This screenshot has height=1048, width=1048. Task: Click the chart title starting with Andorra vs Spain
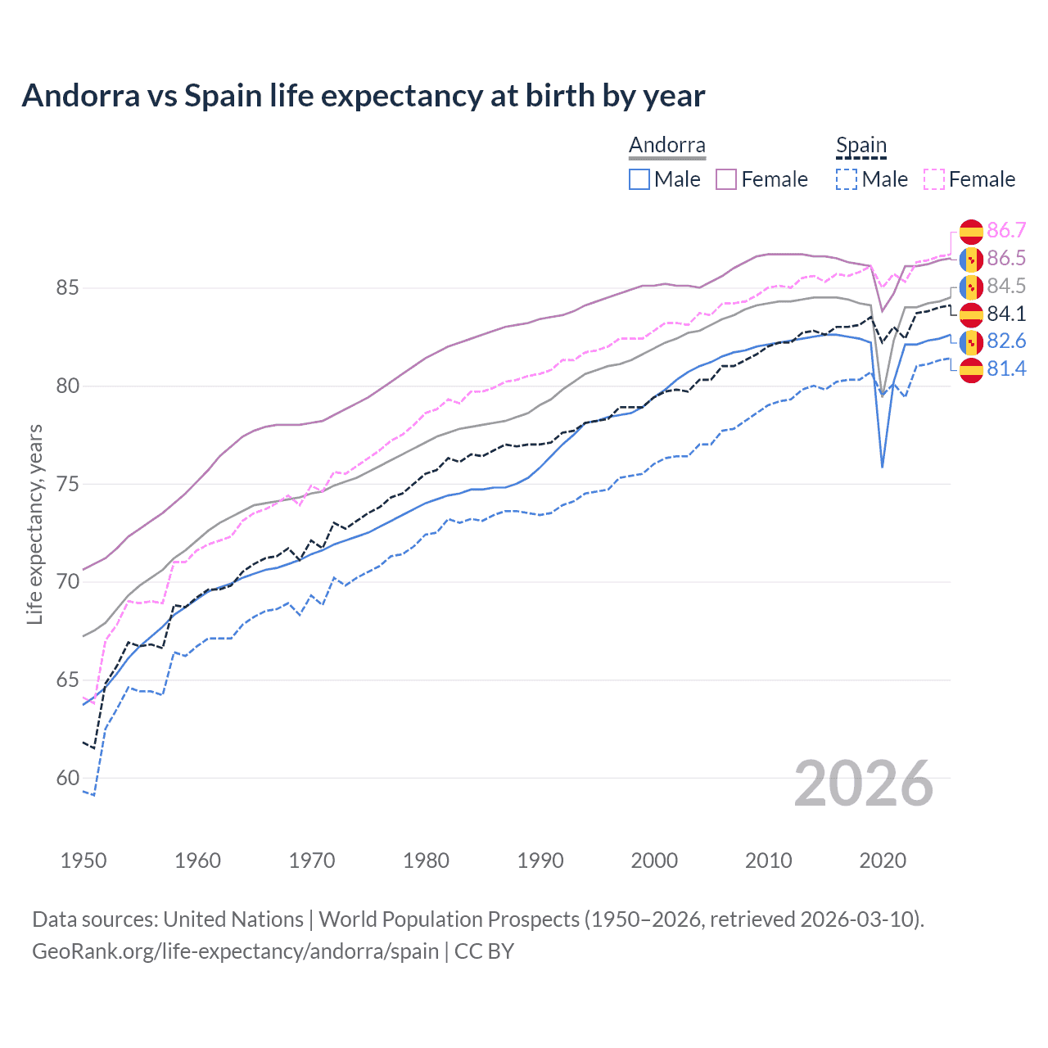pos(363,96)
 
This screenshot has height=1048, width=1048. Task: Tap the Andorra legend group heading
pos(666,146)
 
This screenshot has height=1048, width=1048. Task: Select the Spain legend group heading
pos(861,146)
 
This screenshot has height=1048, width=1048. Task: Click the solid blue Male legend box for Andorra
pos(639,179)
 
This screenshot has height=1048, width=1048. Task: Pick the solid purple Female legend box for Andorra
pos(726,179)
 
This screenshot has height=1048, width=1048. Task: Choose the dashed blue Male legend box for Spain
pos(847,179)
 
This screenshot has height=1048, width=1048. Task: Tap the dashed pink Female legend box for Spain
pos(934,179)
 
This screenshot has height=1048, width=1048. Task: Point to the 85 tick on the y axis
pos(67,288)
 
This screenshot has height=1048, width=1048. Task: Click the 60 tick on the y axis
pos(67,778)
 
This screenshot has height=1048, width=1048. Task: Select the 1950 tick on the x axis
pos(84,861)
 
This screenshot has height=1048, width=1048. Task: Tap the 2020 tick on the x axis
pos(883,861)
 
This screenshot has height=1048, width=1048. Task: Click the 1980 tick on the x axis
pos(426,861)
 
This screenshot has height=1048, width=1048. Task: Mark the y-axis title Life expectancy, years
pos(34,524)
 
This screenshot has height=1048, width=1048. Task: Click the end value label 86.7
pos(1006,230)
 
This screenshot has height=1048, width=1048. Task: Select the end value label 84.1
pos(1006,314)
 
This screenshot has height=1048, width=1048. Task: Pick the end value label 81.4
pos(1006,369)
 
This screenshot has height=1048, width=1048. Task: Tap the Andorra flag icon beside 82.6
pos(971,341)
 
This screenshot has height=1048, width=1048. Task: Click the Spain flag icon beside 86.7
pos(971,231)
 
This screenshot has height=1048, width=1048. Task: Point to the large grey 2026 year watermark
pos(863,784)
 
